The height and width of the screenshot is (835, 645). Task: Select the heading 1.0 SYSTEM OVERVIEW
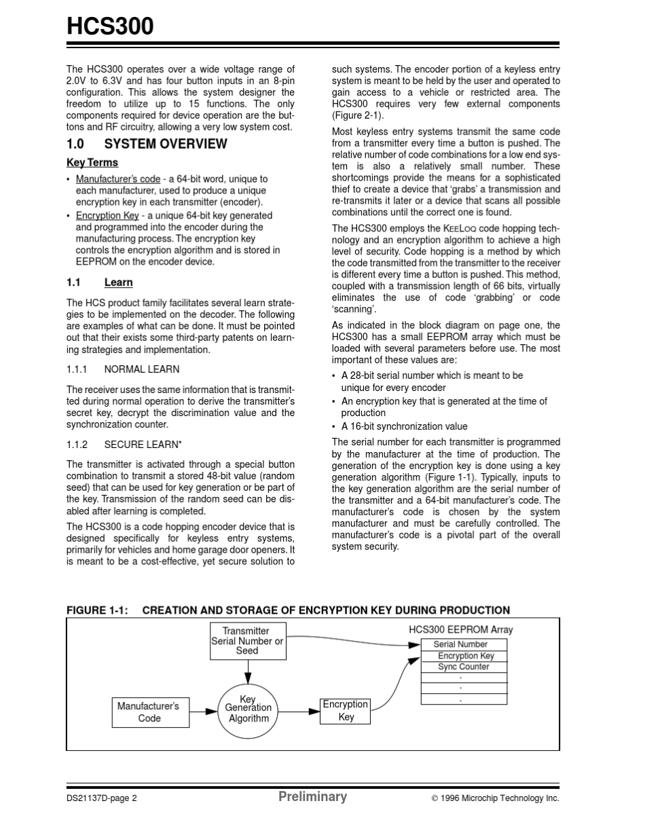coord(147,144)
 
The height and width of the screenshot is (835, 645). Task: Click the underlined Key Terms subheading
coord(92,162)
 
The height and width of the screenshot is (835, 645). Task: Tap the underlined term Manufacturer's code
coord(118,179)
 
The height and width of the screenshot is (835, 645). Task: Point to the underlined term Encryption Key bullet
coord(107,215)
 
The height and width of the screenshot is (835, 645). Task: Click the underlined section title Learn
coord(118,282)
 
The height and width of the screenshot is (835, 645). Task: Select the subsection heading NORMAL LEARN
coord(141,369)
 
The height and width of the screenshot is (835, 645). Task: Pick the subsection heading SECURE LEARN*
coord(143,445)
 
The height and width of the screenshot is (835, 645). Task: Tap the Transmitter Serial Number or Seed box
coord(247,641)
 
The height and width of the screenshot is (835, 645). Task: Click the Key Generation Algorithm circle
coord(248,709)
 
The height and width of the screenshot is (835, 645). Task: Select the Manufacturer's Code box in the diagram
coord(149,712)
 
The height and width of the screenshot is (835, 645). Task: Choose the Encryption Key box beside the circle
coord(346,711)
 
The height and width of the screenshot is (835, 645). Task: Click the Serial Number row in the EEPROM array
coord(463,644)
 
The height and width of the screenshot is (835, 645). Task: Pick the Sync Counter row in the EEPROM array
coord(463,667)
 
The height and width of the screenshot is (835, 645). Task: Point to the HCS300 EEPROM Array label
coord(460,629)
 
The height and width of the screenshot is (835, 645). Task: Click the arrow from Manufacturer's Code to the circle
coord(204,711)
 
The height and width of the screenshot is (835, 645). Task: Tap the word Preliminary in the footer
coord(312,797)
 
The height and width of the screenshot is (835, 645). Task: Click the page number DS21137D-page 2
coord(102,798)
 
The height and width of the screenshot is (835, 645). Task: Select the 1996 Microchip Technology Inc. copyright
coord(496,798)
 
